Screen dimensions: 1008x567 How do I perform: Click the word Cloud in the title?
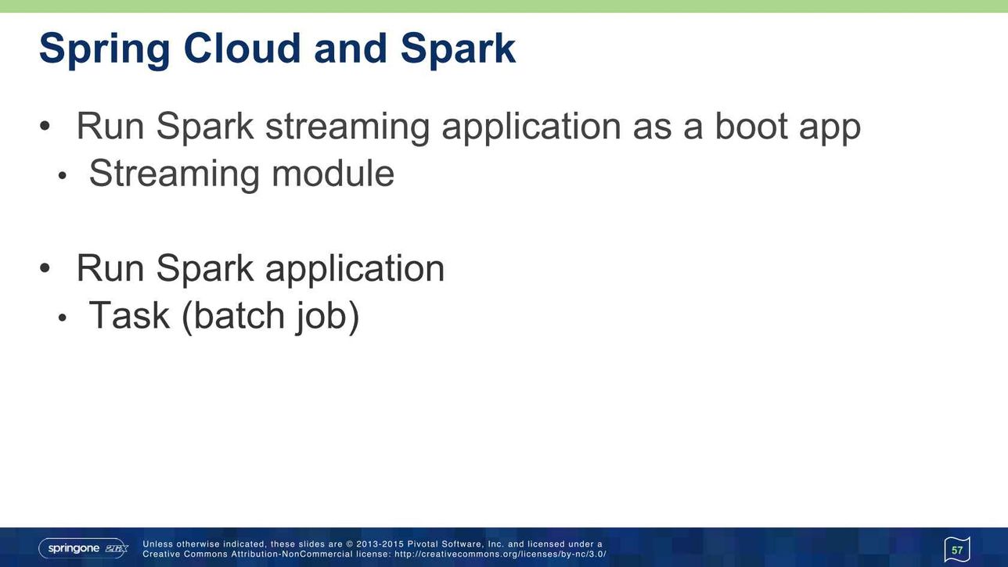(x=242, y=48)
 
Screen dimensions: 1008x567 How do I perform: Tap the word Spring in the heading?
(x=104, y=50)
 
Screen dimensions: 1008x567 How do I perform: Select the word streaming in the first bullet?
(x=347, y=127)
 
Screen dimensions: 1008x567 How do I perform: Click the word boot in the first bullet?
(x=751, y=126)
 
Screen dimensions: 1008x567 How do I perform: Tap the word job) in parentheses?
(x=327, y=317)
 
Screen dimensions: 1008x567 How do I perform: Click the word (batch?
(x=233, y=316)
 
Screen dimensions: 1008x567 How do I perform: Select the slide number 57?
(x=957, y=550)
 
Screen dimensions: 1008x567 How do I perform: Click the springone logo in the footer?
(x=83, y=548)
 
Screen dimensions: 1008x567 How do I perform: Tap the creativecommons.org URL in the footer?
(x=500, y=554)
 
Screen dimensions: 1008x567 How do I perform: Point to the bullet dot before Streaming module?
(x=62, y=176)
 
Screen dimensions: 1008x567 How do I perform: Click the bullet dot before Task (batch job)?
(x=62, y=318)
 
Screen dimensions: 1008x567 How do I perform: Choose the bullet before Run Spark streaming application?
(x=45, y=126)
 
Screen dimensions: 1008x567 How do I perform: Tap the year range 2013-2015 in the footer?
(x=380, y=544)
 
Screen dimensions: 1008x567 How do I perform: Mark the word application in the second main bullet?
(x=355, y=269)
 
